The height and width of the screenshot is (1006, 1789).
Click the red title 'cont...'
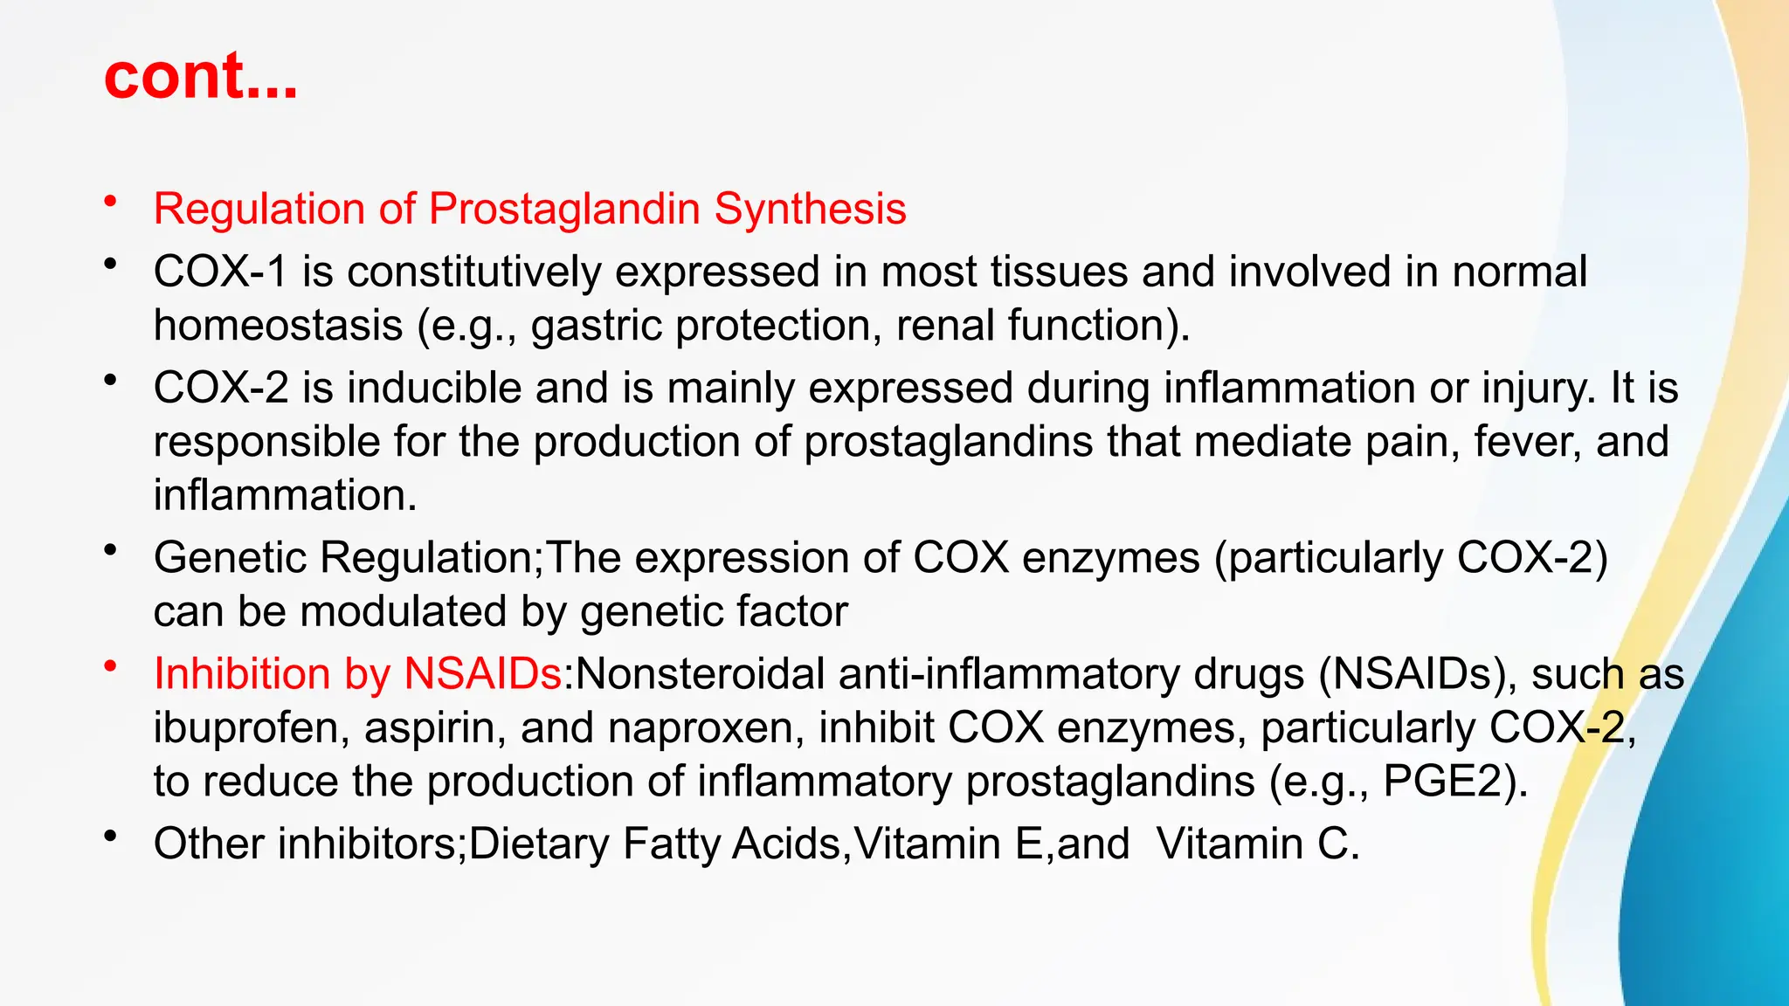pos(201,76)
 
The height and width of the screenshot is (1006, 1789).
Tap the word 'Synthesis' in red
pos(810,210)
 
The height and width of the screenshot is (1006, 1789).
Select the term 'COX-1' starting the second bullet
pos(220,272)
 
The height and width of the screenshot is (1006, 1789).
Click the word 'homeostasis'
pos(278,326)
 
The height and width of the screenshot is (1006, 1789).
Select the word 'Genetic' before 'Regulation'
pos(230,558)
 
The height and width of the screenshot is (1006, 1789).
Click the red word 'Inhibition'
pos(241,674)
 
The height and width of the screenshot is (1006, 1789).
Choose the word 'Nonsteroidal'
pos(700,674)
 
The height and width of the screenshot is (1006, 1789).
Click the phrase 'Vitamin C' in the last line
pos(1257,844)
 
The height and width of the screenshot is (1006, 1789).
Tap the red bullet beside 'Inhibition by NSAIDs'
pos(110,668)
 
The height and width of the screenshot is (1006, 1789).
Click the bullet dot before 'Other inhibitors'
pos(110,837)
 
